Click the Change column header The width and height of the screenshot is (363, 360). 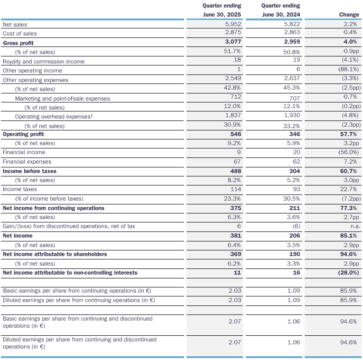(349, 15)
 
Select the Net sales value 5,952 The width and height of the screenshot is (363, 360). (233, 24)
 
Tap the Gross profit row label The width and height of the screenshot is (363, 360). (19, 43)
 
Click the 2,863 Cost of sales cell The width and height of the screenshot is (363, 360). (292, 32)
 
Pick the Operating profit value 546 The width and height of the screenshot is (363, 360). (236, 134)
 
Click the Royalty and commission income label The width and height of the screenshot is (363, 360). (44, 62)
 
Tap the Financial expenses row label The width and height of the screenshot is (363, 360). (27, 162)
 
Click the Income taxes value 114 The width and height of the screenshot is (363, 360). (236, 189)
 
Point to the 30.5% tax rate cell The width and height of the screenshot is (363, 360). (291, 199)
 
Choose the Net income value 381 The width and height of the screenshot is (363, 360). (236, 236)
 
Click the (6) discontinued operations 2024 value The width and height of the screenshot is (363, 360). (297, 226)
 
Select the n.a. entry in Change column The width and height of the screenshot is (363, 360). (355, 226)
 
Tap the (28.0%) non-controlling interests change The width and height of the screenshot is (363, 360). (348, 273)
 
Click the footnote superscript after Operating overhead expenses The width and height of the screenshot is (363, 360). (92, 115)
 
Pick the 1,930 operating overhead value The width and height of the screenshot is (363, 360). (292, 115)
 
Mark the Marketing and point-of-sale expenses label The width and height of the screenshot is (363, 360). (63, 99)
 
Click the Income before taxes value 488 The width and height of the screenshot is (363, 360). (236, 171)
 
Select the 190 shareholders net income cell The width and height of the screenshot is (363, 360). (295, 254)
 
